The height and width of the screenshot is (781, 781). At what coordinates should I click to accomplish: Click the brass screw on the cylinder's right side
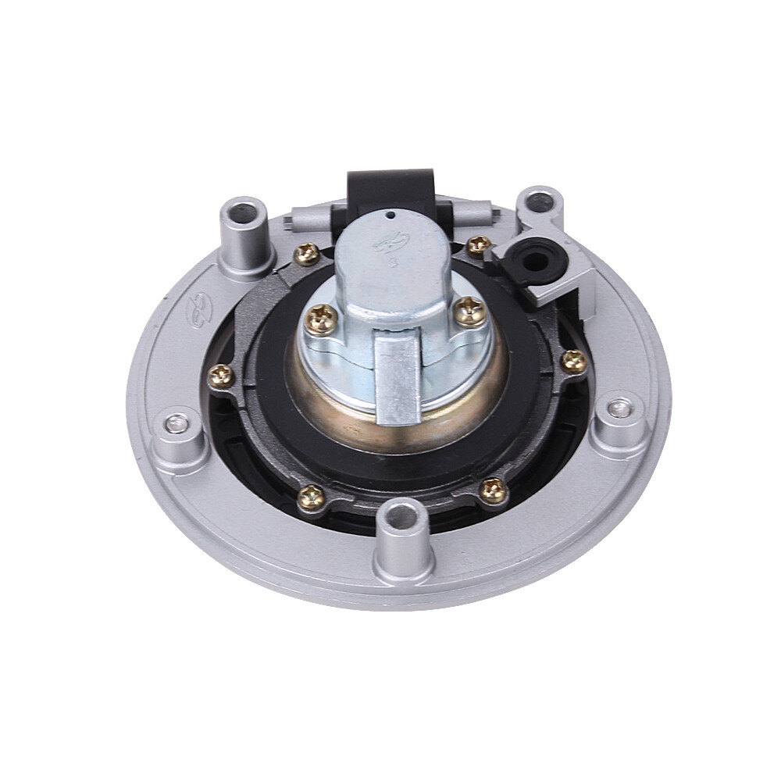click(x=469, y=311)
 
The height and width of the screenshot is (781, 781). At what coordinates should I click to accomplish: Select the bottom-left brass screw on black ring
click(x=311, y=494)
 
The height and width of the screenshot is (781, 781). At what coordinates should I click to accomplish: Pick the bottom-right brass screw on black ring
click(x=492, y=489)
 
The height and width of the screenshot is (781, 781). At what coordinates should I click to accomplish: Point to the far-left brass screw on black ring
click(x=222, y=376)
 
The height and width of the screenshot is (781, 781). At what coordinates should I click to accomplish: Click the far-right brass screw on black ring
click(x=574, y=360)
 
